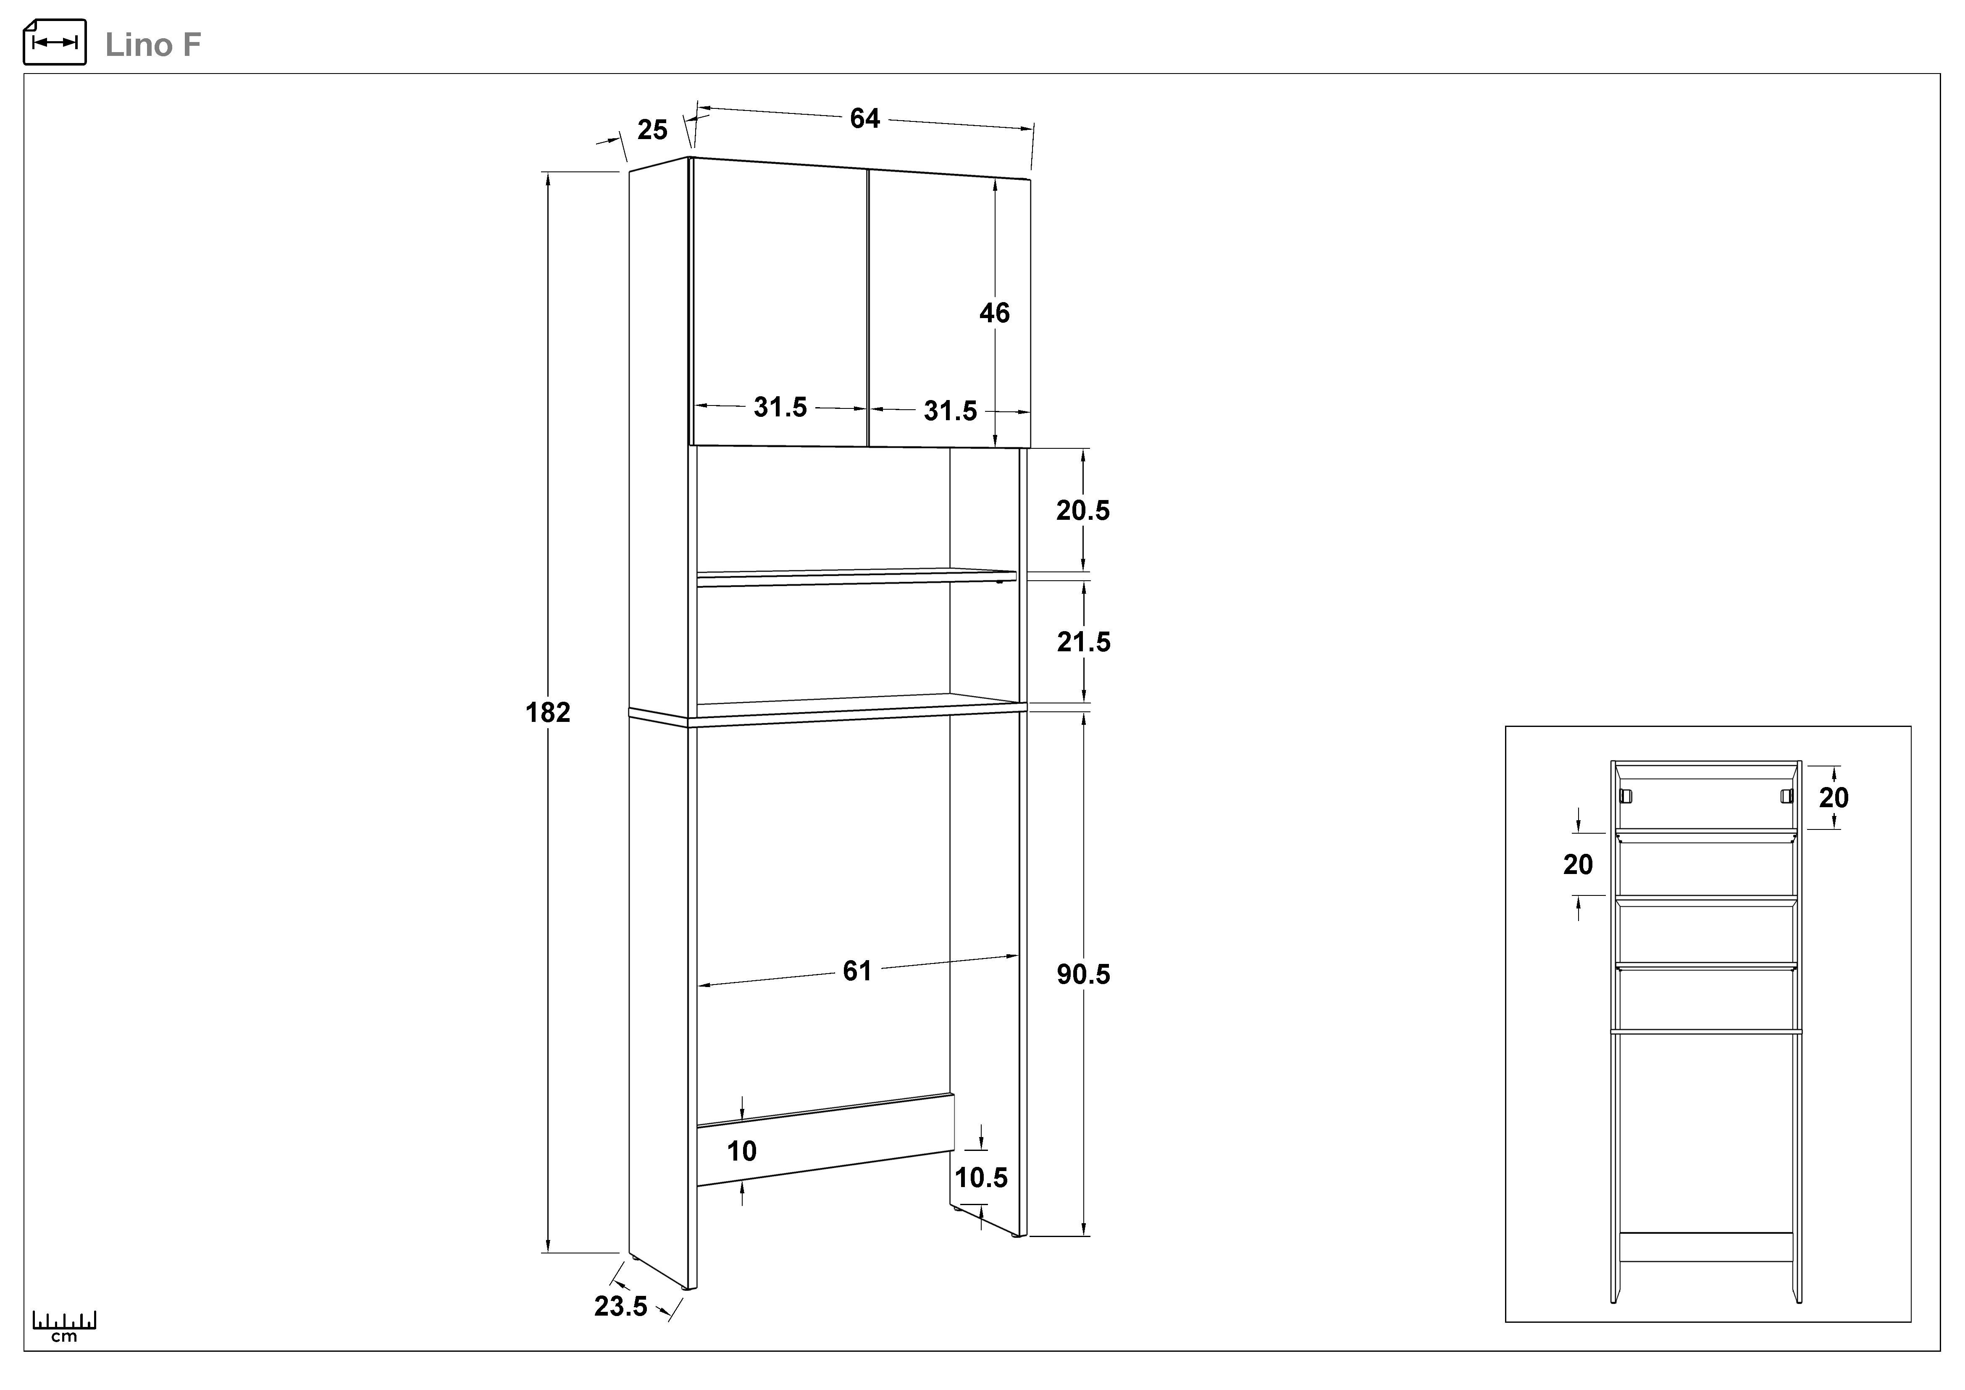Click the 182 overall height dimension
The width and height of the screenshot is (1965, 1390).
548,712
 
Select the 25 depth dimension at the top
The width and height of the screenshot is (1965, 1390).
652,130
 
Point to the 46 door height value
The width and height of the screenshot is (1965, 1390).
995,313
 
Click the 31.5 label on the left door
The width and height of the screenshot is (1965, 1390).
780,408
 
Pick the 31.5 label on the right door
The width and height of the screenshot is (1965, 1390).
950,412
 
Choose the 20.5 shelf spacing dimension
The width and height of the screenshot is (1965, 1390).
1082,511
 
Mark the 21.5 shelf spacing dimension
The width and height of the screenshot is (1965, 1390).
1083,642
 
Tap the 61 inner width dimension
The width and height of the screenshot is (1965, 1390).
856,971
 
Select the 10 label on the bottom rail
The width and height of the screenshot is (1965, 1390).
742,1151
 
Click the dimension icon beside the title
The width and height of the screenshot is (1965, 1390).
55,42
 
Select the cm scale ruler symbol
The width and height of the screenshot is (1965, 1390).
64,1325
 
